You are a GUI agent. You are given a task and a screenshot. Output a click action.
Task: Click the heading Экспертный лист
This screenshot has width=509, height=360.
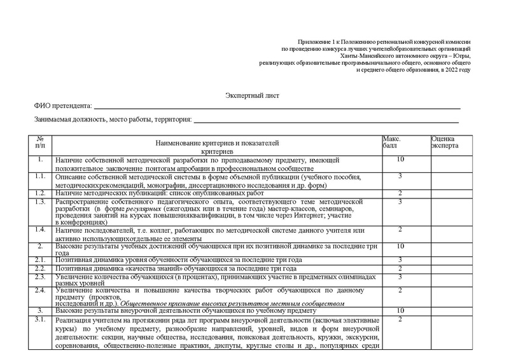[x=252, y=95]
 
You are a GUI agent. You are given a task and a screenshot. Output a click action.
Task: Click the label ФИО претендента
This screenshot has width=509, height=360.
[x=62, y=106]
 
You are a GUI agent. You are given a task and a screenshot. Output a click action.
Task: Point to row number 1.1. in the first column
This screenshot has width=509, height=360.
[x=40, y=176]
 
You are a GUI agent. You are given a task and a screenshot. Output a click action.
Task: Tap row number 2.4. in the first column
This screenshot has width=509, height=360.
[x=40, y=291]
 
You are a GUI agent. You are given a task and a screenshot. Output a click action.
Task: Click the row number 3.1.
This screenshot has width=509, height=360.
[x=40, y=319]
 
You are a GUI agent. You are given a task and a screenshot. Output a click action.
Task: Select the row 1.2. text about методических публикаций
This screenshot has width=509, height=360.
[x=160, y=193]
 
